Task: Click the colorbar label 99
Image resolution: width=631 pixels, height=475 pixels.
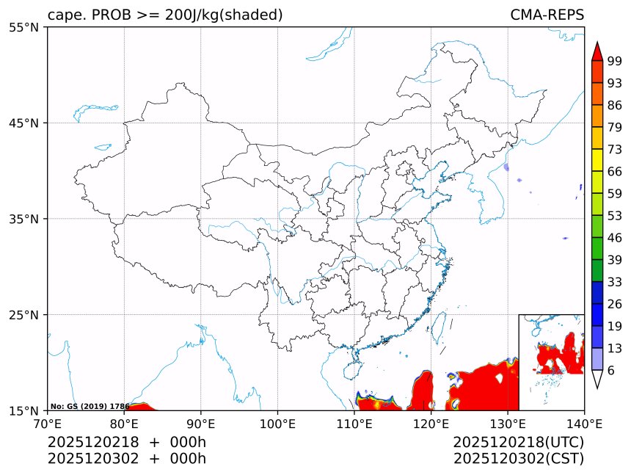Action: tap(615, 60)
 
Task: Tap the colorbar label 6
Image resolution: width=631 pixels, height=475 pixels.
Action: tap(610, 371)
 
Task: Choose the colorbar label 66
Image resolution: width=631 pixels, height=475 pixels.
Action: tap(615, 171)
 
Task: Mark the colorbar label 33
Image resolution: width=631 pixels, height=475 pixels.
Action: tap(615, 282)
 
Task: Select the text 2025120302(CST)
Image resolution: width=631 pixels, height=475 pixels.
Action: tap(518, 459)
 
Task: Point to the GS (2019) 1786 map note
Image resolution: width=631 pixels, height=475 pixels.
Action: tap(90, 406)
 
